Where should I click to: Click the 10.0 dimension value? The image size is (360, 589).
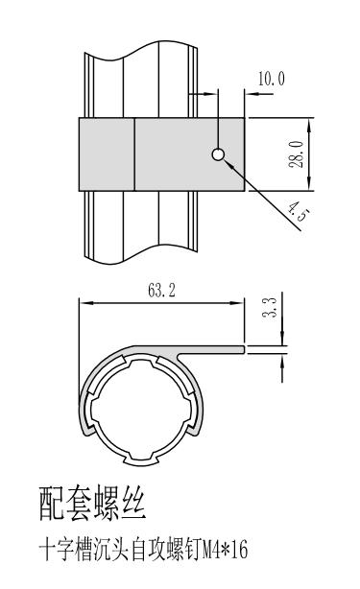click(272, 79)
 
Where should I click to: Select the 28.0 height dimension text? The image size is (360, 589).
click(297, 154)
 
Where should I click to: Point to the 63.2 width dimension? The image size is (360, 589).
click(161, 290)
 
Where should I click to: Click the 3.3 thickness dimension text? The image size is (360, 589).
click(269, 307)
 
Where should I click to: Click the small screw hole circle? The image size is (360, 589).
click(218, 154)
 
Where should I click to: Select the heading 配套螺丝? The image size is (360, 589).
click(92, 504)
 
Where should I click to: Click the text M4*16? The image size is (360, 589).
click(226, 551)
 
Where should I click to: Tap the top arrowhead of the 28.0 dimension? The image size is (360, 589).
click(309, 125)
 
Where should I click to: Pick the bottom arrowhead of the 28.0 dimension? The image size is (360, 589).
click(309, 184)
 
